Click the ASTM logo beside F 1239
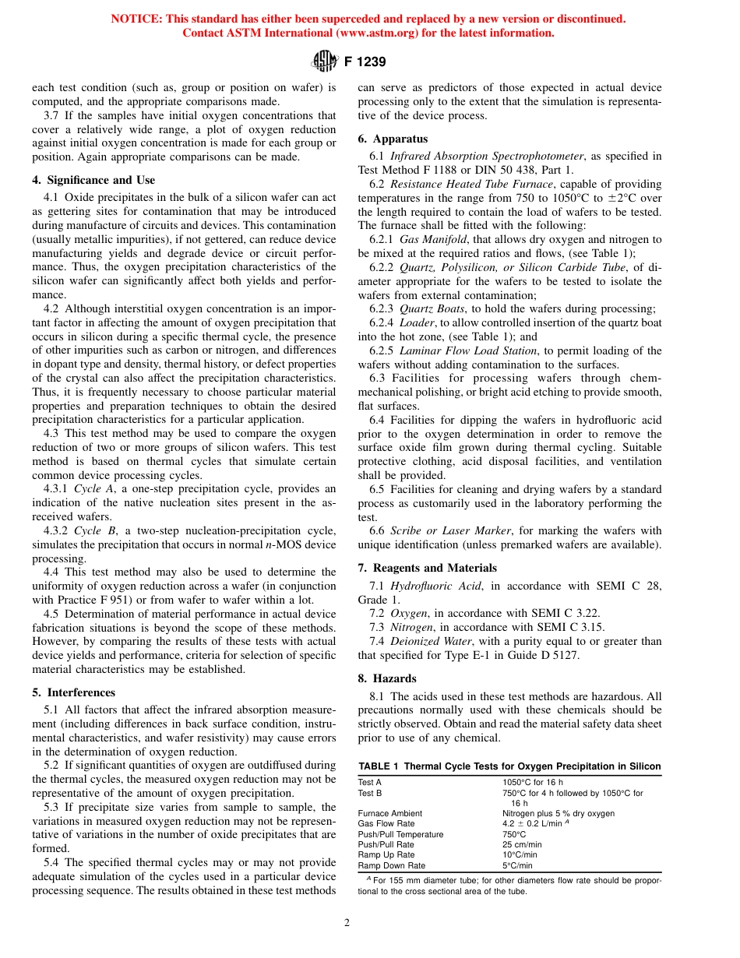(x=323, y=61)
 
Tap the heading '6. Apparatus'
(x=389, y=139)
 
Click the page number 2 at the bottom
(x=347, y=923)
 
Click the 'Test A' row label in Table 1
(x=370, y=782)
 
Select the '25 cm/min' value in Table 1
(x=522, y=844)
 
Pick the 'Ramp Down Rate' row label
(x=391, y=865)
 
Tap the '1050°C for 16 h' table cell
(x=533, y=782)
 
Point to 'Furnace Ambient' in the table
(x=389, y=813)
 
